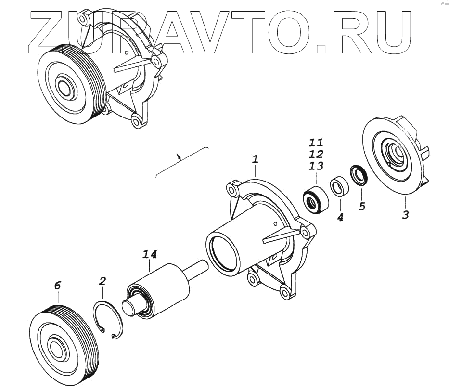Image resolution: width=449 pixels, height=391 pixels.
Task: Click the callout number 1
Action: pyautogui.click(x=256, y=159)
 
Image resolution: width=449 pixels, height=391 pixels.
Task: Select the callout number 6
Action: pyautogui.click(x=58, y=286)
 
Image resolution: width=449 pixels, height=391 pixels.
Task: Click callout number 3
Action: pyautogui.click(x=405, y=214)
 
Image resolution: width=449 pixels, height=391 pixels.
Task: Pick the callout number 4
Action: pyautogui.click(x=340, y=217)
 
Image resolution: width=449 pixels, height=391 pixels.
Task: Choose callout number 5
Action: pyautogui.click(x=362, y=206)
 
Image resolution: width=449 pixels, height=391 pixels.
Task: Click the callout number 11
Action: pyautogui.click(x=316, y=143)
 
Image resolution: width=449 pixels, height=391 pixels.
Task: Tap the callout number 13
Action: pyautogui.click(x=316, y=166)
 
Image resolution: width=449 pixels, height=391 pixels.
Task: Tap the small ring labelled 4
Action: pyautogui.click(x=339, y=187)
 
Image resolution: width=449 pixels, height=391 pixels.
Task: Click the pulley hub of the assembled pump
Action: pyautogui.click(x=63, y=87)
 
